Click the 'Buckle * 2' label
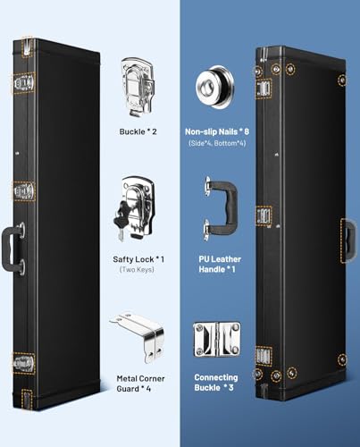(x=138, y=131)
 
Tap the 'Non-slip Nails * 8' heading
(x=217, y=131)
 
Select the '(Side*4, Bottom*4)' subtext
(x=217, y=143)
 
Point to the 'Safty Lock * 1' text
(x=138, y=259)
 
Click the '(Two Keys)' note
(x=137, y=270)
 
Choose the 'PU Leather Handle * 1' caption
(x=220, y=265)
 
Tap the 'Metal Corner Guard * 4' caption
(x=140, y=384)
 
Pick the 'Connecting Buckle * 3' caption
(x=216, y=383)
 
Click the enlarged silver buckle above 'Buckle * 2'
(x=138, y=87)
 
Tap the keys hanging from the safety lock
(x=121, y=221)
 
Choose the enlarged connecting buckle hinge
(x=216, y=340)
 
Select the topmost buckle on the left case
(x=23, y=84)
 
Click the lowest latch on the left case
(x=23, y=363)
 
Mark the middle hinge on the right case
(x=264, y=215)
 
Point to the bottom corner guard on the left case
(x=28, y=399)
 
